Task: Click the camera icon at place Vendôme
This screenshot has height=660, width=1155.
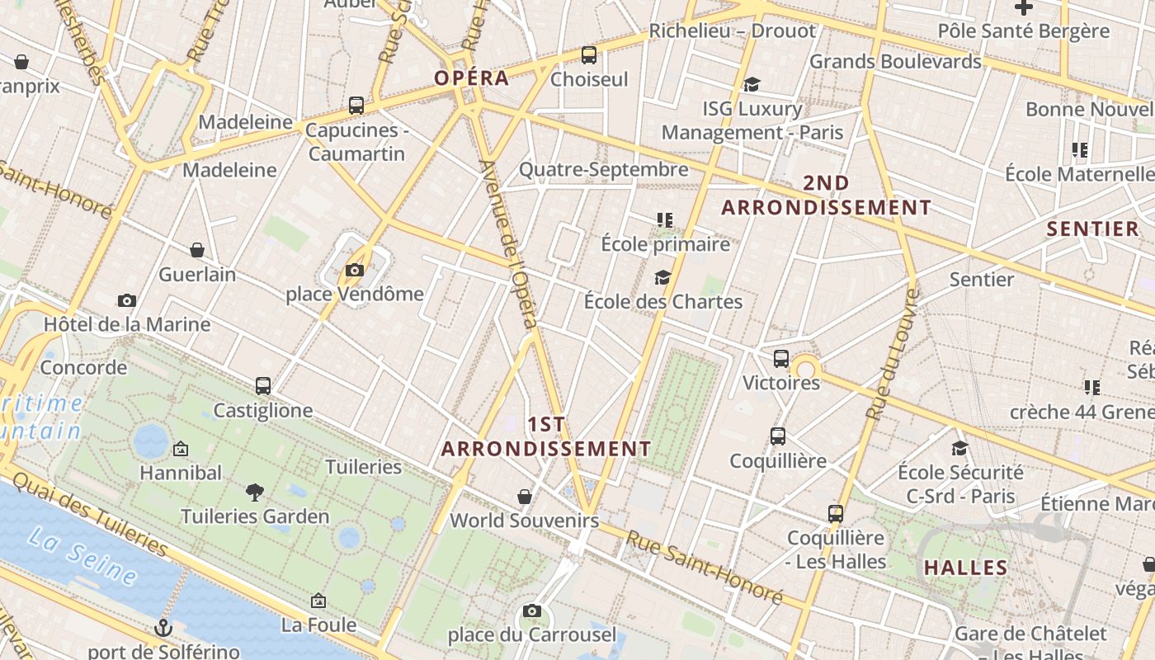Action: [355, 270]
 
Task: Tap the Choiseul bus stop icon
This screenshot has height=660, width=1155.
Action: [589, 55]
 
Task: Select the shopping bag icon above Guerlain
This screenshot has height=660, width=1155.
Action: [197, 250]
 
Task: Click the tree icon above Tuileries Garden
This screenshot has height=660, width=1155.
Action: [255, 493]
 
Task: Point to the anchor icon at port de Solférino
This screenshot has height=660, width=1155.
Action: [163, 628]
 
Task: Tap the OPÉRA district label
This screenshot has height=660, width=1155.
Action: [471, 78]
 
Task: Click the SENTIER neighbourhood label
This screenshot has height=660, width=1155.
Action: [1092, 229]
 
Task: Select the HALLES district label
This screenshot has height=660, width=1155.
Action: [965, 568]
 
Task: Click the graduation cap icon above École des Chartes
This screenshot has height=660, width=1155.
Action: [662, 277]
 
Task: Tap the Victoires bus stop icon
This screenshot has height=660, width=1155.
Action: [781, 359]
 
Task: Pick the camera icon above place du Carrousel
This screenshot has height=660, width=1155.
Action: [532, 611]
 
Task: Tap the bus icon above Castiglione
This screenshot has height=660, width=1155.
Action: [263, 385]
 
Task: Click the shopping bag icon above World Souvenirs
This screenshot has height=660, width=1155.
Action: [525, 497]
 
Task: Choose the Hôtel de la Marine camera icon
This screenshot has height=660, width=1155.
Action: [127, 300]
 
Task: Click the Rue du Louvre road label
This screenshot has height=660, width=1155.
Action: [890, 355]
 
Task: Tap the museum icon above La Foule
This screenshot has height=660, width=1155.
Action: [318, 601]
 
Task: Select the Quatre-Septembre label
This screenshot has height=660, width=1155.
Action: [603, 170]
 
